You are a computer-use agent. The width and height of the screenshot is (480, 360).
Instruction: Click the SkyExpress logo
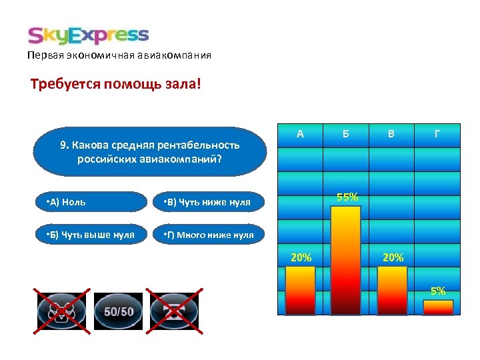click(88, 35)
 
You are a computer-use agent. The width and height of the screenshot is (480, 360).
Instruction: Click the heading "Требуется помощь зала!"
click(115, 85)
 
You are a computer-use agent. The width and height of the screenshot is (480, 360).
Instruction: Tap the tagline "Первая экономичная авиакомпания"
click(119, 55)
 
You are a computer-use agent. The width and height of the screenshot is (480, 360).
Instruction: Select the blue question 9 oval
click(149, 152)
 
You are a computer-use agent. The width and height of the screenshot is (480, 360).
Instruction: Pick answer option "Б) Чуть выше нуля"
click(91, 235)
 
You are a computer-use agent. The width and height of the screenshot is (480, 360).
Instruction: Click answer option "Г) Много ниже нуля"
click(209, 235)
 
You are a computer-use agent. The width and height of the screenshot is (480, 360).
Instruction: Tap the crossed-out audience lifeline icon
click(61, 311)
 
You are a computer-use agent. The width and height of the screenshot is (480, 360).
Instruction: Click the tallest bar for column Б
click(346, 260)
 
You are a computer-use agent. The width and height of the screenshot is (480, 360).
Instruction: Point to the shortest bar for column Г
click(438, 307)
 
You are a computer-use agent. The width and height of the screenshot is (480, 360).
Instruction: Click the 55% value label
click(347, 197)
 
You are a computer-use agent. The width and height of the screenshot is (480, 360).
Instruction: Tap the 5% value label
click(438, 291)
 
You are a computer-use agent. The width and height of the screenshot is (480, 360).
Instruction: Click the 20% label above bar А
click(301, 257)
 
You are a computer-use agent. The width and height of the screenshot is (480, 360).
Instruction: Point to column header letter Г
click(437, 134)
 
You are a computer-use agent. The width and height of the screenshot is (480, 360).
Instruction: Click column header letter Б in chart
click(346, 134)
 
